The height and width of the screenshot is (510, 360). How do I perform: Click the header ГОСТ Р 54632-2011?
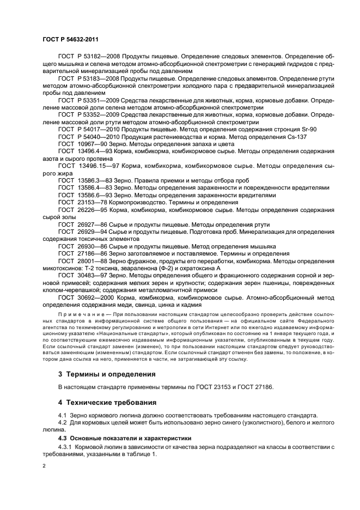click(67, 39)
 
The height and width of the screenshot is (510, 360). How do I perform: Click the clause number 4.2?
click(63, 423)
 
